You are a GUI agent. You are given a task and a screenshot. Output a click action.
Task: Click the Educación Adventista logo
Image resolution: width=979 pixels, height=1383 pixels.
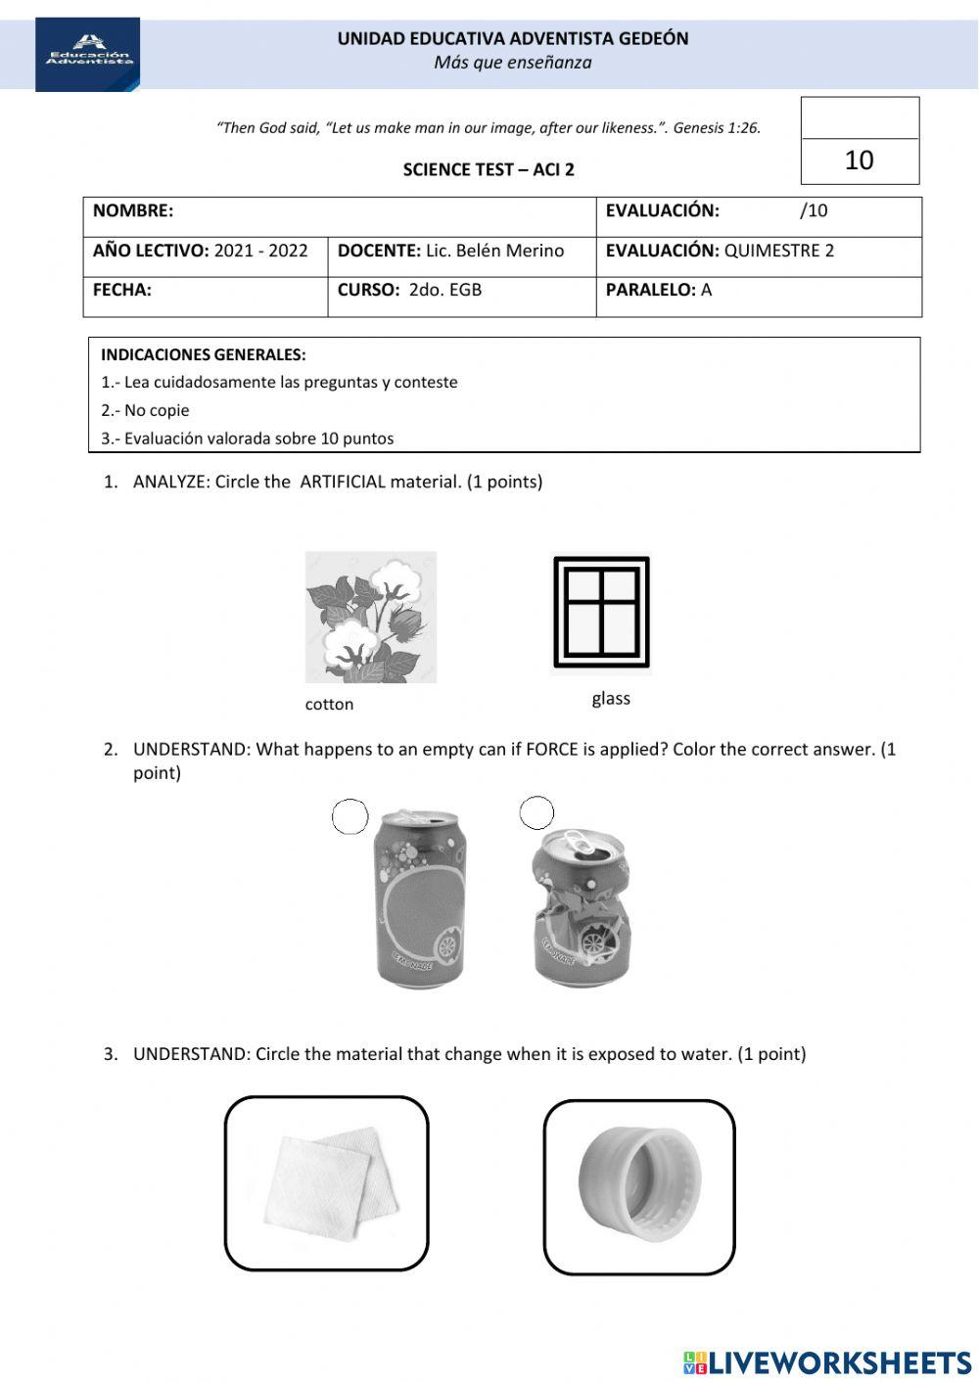(x=88, y=54)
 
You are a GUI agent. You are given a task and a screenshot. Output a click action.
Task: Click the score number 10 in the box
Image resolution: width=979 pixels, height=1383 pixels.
(x=859, y=161)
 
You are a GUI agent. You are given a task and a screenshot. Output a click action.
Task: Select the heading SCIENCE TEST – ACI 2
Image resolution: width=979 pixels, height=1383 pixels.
(x=489, y=169)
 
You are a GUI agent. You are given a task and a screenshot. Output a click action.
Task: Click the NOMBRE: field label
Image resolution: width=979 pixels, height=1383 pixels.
(x=133, y=210)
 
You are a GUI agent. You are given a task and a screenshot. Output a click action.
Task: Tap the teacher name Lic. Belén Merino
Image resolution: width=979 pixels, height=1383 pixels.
(x=494, y=251)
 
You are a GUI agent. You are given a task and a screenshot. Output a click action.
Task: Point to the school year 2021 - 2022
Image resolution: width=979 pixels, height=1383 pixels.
(x=260, y=251)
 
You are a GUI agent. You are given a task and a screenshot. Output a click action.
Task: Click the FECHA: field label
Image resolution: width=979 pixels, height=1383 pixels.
(x=122, y=290)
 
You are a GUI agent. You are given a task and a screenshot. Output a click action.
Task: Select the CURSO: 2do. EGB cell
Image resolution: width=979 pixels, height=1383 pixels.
(x=410, y=290)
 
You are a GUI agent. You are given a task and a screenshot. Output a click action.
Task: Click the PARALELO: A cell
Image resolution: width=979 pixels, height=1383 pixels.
(x=659, y=290)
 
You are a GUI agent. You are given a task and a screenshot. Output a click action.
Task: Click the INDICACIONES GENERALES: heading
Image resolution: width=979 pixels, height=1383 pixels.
(x=204, y=354)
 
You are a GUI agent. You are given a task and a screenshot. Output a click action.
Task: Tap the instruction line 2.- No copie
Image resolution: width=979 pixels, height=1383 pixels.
(x=145, y=410)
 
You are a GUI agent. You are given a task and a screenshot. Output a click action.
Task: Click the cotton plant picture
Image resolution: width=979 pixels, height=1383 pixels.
(x=370, y=617)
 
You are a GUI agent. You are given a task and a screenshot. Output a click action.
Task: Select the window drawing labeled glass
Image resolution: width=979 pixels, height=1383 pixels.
(x=601, y=613)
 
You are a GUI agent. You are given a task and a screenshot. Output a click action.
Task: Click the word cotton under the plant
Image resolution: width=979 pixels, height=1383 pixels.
(x=329, y=704)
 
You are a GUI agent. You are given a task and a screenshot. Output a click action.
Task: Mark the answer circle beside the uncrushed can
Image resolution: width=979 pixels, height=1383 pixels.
(x=350, y=816)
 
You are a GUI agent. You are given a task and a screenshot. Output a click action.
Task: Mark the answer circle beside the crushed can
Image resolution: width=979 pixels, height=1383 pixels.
(x=536, y=811)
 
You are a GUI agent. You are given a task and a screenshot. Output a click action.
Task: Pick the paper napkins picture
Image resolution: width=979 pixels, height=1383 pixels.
(x=327, y=1182)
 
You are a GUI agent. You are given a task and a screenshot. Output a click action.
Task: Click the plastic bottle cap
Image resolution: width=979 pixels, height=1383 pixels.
(x=639, y=1185)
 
